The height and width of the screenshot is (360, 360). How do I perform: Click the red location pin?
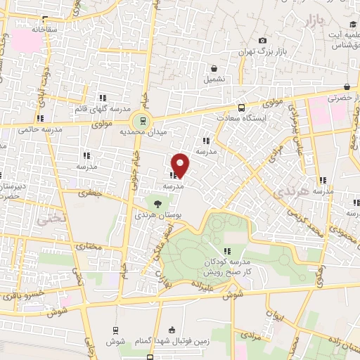coord(180,165)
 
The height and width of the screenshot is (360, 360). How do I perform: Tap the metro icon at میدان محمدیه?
coord(143,119)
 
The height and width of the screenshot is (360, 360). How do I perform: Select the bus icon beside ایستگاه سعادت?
coord(241,108)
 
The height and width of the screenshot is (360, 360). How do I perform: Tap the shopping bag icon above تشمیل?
coord(214,68)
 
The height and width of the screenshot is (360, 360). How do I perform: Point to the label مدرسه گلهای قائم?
coord(103,110)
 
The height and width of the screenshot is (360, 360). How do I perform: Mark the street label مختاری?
coord(89,247)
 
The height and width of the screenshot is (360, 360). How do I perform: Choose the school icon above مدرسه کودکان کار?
coord(227,251)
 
